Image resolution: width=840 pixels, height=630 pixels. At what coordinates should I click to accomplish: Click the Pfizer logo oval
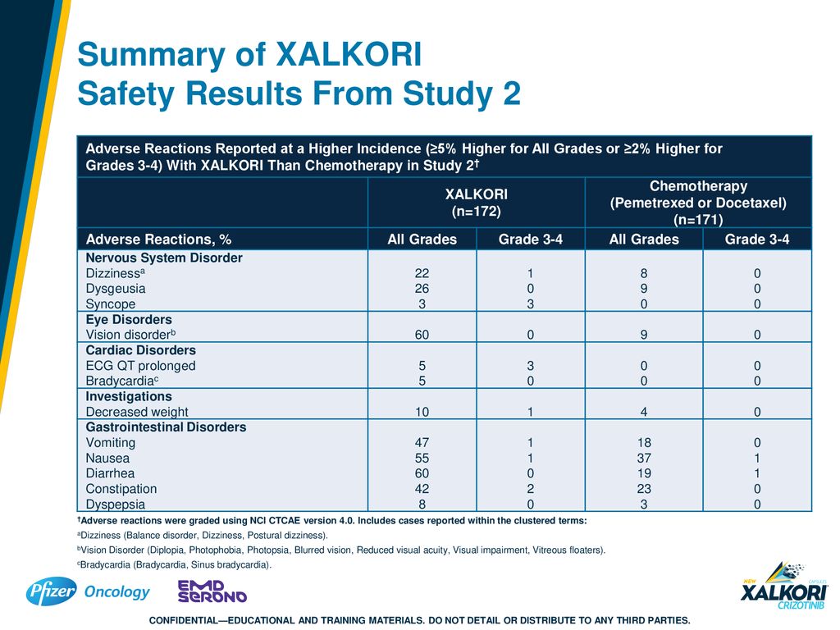tap(52, 591)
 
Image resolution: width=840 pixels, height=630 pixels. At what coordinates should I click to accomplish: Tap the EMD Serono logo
tap(212, 591)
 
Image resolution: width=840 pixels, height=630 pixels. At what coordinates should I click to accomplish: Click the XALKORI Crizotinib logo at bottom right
tap(784, 586)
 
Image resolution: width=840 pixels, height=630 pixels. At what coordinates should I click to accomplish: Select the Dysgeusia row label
tap(116, 289)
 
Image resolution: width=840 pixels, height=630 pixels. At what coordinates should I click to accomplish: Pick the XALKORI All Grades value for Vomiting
tap(422, 442)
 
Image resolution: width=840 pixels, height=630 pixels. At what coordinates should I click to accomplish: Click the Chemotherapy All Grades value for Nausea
tap(644, 458)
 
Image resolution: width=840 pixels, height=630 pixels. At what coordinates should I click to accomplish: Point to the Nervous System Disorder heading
tap(164, 258)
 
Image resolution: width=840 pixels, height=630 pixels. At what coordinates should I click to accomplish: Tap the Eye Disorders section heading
tap(129, 319)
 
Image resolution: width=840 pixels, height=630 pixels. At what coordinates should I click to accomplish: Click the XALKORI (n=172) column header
tap(477, 203)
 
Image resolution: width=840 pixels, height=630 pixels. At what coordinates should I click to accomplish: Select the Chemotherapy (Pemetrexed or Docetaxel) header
tap(698, 203)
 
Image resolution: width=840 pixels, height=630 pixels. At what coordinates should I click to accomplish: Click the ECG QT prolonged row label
tap(140, 366)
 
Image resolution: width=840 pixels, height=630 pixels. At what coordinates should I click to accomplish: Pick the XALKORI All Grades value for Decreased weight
tap(422, 412)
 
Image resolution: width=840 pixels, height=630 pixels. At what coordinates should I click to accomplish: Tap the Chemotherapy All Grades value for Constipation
tap(644, 489)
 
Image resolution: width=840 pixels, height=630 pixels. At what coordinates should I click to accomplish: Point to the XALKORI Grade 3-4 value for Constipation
tap(531, 489)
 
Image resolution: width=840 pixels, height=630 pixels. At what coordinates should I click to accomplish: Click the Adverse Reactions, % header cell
tap(158, 240)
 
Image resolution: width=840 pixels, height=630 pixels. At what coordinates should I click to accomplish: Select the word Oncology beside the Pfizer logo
tap(117, 592)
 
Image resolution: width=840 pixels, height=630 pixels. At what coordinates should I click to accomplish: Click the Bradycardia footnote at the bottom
tap(175, 564)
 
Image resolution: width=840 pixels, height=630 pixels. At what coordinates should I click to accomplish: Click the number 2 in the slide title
tap(512, 94)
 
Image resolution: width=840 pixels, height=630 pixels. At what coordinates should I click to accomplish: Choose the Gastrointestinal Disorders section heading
tap(166, 427)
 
